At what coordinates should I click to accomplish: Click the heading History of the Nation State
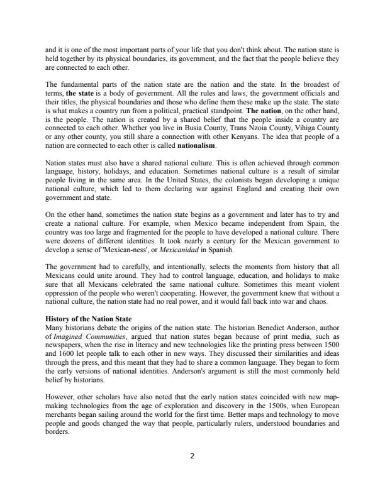click(88, 319)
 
